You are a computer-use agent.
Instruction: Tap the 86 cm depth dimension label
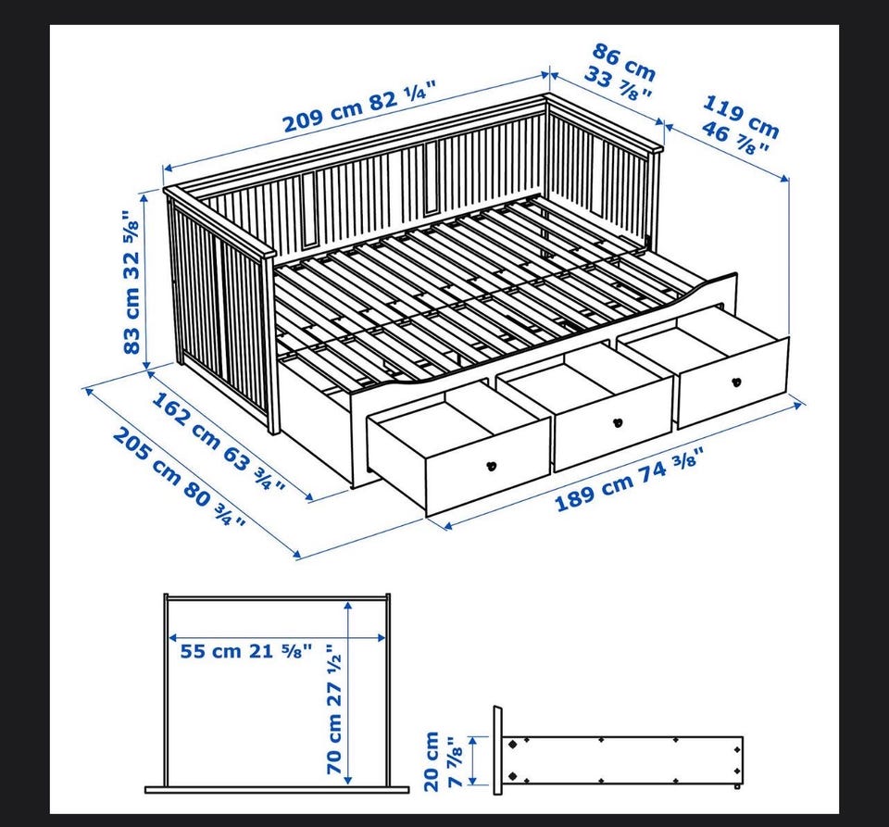(624, 62)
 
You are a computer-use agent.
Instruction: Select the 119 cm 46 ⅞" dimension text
(740, 126)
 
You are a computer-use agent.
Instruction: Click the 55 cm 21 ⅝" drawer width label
(246, 651)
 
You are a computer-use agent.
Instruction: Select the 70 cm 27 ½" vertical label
(333, 708)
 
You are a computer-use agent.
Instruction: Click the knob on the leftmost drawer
(492, 467)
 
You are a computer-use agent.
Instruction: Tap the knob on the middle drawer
(618, 422)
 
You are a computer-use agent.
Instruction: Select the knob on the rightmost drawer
(736, 382)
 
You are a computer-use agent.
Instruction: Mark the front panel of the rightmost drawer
(732, 382)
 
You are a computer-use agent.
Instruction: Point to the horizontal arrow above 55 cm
(278, 637)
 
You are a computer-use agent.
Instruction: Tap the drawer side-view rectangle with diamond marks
(622, 760)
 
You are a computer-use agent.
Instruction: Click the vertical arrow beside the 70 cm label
(349, 693)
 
